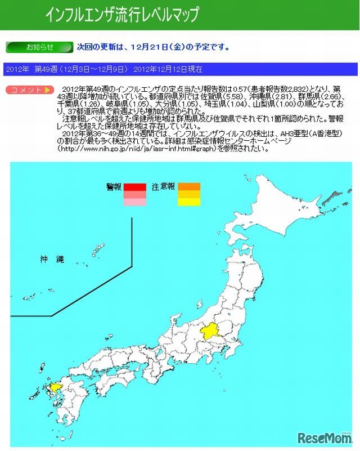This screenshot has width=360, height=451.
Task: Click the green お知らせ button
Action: tap(39, 47)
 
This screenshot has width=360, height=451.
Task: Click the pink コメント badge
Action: tap(30, 90)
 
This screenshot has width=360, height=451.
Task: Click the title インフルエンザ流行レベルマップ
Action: tap(122, 15)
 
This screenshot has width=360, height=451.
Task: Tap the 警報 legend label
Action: tap(114, 187)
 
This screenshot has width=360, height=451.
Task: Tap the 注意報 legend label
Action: tap(163, 187)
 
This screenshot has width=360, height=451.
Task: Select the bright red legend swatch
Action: tap(135, 187)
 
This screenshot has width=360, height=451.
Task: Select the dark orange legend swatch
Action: tap(189, 187)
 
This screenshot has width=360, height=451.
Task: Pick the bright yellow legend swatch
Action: tap(189, 202)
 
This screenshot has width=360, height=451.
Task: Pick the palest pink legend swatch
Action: tap(135, 202)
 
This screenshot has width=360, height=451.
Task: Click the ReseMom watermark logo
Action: tap(325, 438)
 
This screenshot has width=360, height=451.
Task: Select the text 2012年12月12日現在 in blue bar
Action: tap(168, 69)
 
